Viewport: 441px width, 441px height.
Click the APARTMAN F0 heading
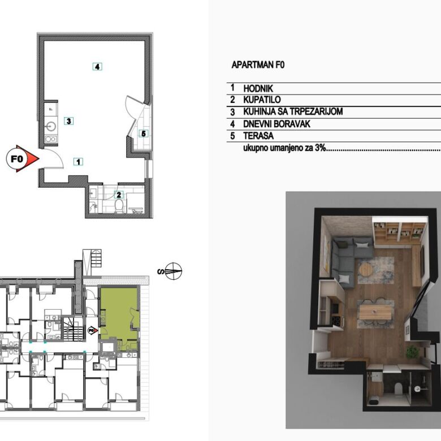click(x=258, y=65)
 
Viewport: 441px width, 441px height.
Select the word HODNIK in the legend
click(x=258, y=89)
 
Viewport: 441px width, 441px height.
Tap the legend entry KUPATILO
click(x=262, y=100)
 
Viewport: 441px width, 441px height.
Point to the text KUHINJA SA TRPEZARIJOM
click(x=293, y=111)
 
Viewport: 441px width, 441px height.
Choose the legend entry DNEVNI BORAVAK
click(x=276, y=124)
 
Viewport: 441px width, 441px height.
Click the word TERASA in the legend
click(x=258, y=136)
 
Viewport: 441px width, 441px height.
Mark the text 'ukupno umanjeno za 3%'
click(x=284, y=148)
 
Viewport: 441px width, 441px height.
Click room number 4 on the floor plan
click(x=97, y=67)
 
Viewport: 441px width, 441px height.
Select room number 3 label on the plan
click(x=68, y=121)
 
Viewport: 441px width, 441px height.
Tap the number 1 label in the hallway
click(x=79, y=162)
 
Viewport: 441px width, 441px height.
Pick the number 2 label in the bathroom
click(x=119, y=194)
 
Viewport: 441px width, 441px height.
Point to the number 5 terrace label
click(x=144, y=133)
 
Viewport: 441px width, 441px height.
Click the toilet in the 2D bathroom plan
click(x=119, y=206)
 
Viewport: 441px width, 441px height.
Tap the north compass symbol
click(x=173, y=271)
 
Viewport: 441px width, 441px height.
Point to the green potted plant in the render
click(x=412, y=352)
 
